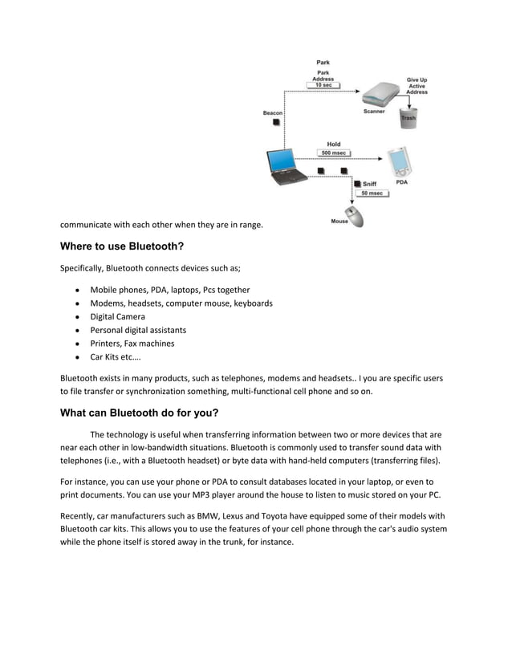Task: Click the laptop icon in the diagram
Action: [286, 168]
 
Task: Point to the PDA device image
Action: [399, 162]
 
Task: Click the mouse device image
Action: [354, 217]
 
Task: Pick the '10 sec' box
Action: [323, 85]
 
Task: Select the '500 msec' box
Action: [333, 153]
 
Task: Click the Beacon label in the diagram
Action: [273, 113]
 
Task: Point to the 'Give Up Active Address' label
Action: [417, 86]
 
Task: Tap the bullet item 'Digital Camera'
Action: [118, 316]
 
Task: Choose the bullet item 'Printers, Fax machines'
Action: [132, 344]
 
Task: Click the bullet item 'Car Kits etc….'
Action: [116, 357]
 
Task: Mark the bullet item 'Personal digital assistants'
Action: [138, 330]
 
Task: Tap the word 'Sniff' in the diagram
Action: [369, 184]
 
